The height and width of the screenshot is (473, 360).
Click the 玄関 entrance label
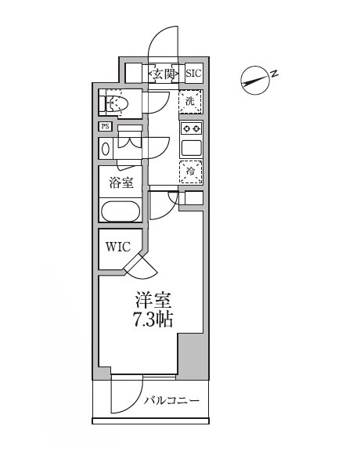coord(164,74)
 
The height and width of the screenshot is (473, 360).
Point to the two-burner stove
coord(191,128)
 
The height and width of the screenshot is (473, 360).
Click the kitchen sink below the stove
coord(191,146)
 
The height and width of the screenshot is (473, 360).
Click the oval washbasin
coord(106,149)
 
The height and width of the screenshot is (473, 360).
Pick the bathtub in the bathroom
coord(120,211)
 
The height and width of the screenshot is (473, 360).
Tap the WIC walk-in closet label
coord(119,247)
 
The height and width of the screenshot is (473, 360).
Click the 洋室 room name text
coord(153,300)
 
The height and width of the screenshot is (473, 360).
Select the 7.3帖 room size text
coord(153,320)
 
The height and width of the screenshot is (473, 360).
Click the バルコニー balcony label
coord(171,402)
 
